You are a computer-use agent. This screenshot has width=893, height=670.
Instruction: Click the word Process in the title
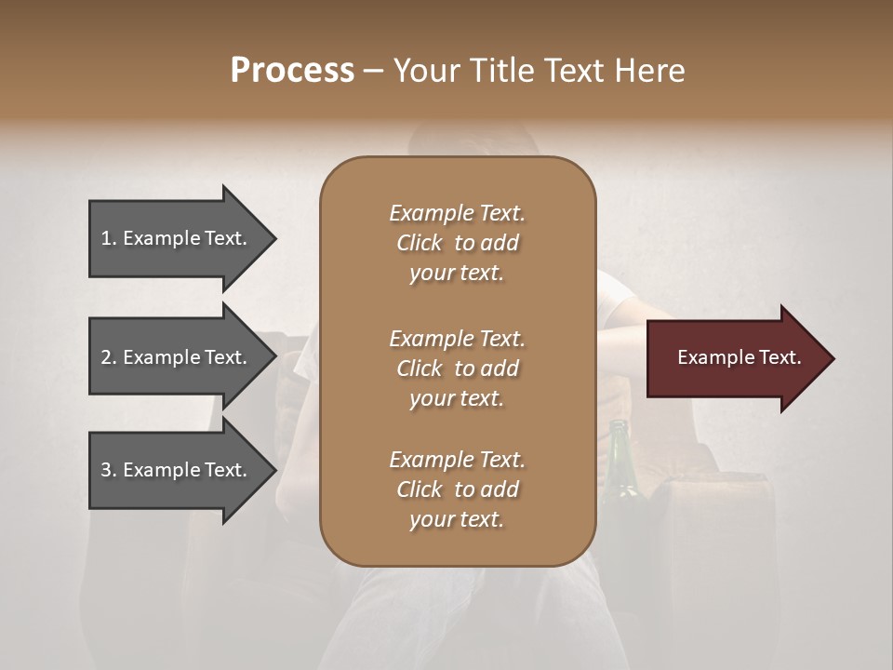(292, 71)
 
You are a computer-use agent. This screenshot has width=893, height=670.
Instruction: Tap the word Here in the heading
(650, 71)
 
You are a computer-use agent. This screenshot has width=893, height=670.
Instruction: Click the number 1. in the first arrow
(109, 238)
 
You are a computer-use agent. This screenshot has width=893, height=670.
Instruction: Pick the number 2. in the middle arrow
(109, 357)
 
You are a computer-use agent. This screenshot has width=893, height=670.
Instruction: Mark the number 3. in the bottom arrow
(109, 470)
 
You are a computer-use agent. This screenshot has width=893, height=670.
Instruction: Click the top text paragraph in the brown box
(457, 243)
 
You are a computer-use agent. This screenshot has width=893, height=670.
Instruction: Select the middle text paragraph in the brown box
(457, 368)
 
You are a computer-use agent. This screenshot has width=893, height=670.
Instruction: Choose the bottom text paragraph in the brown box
(457, 489)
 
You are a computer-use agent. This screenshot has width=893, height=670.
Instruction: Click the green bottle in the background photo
(620, 465)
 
